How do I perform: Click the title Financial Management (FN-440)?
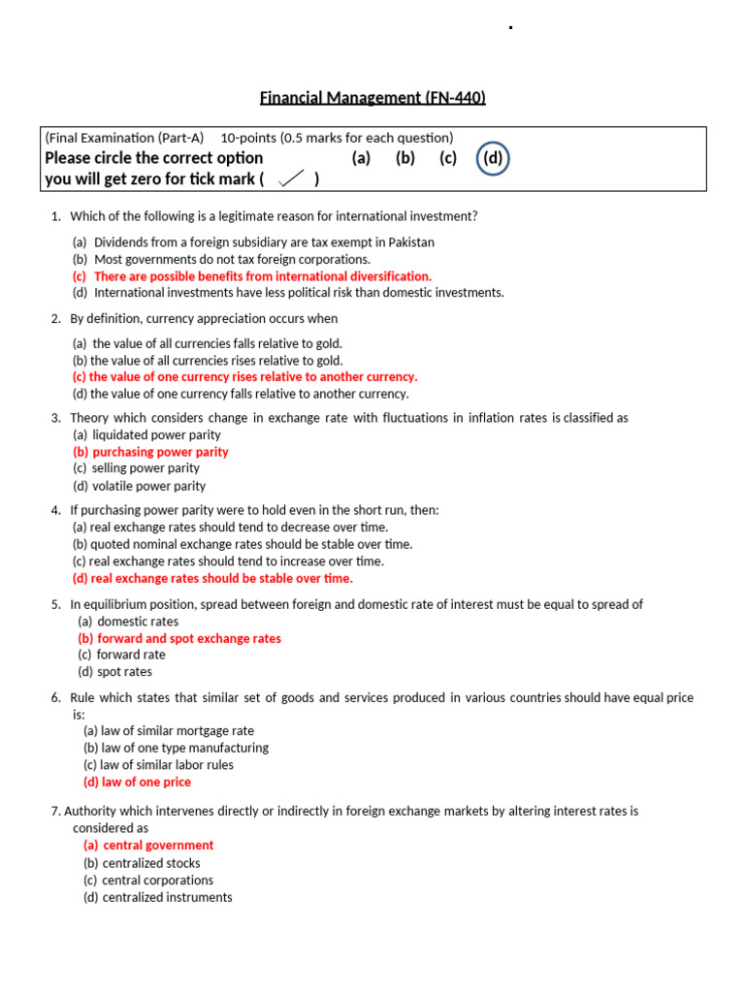pyautogui.click(x=372, y=97)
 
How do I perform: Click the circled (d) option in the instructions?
pyautogui.click(x=493, y=158)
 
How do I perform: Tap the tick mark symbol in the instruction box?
pyautogui.click(x=291, y=178)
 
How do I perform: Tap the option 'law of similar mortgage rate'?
pyautogui.click(x=169, y=731)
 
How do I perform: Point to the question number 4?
pyautogui.click(x=56, y=510)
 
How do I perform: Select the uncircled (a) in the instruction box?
pyautogui.click(x=361, y=158)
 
